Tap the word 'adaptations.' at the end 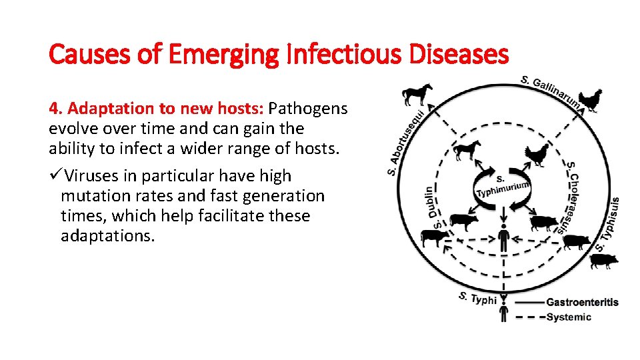click(x=107, y=236)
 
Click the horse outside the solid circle click(x=417, y=94)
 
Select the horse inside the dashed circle click(x=467, y=150)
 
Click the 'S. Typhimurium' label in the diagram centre click(x=503, y=186)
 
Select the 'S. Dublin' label click(x=433, y=207)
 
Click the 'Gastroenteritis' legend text click(x=582, y=302)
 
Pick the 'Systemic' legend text click(x=568, y=317)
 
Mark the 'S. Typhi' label click(x=477, y=298)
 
